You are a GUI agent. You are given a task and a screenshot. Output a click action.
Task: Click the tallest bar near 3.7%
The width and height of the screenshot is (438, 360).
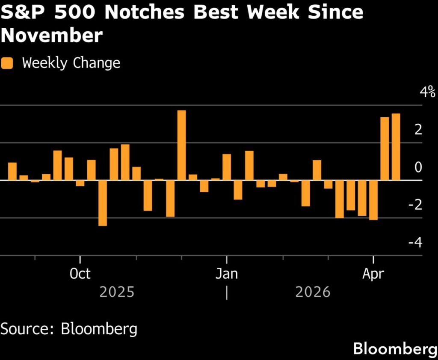click(x=181, y=145)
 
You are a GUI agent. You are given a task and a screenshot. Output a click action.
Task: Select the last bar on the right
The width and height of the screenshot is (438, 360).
click(x=396, y=147)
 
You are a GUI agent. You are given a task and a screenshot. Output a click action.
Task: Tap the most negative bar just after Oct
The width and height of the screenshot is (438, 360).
click(x=103, y=203)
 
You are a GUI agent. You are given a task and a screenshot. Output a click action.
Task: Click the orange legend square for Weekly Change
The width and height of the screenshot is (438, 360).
click(x=7, y=63)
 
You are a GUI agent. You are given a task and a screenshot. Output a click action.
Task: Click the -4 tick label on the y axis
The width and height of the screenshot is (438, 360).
click(x=415, y=242)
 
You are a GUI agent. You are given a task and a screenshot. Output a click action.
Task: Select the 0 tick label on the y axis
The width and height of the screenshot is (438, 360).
click(x=418, y=167)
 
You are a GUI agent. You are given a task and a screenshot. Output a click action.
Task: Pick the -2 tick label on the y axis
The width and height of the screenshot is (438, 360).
click(x=415, y=205)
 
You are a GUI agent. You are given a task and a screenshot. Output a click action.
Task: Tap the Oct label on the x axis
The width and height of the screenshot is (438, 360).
click(x=80, y=274)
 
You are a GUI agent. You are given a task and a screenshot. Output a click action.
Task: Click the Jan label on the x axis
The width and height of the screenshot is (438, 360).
click(x=226, y=274)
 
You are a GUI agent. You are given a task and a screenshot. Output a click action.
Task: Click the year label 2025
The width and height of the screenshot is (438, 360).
click(x=117, y=292)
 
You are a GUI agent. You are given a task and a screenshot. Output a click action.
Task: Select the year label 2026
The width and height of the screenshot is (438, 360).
click(x=313, y=292)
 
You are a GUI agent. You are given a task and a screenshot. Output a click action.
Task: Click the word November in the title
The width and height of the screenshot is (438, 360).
click(x=51, y=36)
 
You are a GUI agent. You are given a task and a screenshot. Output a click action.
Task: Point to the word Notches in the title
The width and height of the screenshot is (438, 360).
click(x=143, y=12)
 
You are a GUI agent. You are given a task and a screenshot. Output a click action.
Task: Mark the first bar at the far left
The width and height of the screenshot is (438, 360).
click(x=12, y=171)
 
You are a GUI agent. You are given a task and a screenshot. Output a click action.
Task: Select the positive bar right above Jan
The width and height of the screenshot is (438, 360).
click(x=227, y=167)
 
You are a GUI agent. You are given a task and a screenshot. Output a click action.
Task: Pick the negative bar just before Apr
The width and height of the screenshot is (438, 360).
click(x=373, y=200)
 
